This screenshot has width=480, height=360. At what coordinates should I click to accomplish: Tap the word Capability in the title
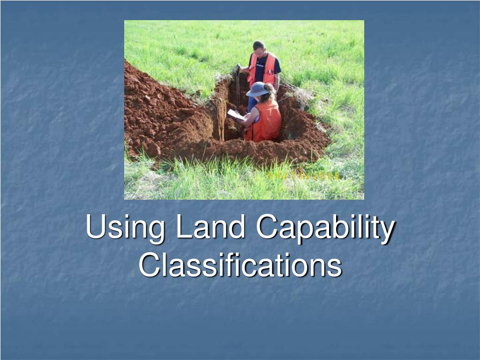[x=325, y=228]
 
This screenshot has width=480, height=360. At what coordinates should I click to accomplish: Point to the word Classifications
[x=240, y=265]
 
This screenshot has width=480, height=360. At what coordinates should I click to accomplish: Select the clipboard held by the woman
[x=235, y=115]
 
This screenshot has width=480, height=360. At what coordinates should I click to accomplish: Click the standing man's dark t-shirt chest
[x=260, y=68]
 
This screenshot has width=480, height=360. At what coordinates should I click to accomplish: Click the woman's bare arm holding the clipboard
[x=250, y=117]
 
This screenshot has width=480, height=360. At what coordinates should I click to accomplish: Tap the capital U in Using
[x=96, y=227]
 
